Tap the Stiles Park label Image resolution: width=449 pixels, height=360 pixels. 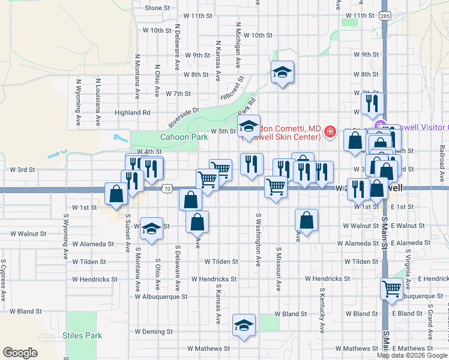click(x=82, y=335)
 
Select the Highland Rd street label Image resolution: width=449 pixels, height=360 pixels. click(x=132, y=112)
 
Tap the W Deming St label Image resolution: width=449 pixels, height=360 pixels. click(x=154, y=331)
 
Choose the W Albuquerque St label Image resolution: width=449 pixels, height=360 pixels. click(x=161, y=296)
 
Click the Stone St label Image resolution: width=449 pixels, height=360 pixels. click(x=157, y=8)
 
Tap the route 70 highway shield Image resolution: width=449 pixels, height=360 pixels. click(x=166, y=189)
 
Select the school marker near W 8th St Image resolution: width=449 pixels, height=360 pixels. click(x=282, y=73)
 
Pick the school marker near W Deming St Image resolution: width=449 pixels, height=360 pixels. click(x=244, y=325)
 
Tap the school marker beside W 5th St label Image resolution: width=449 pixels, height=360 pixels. click(x=249, y=126)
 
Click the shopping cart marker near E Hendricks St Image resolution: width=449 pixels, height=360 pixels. click(x=392, y=289)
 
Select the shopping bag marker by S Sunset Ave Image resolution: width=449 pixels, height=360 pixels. click(x=116, y=193)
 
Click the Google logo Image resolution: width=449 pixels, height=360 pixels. click(x=20, y=353)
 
